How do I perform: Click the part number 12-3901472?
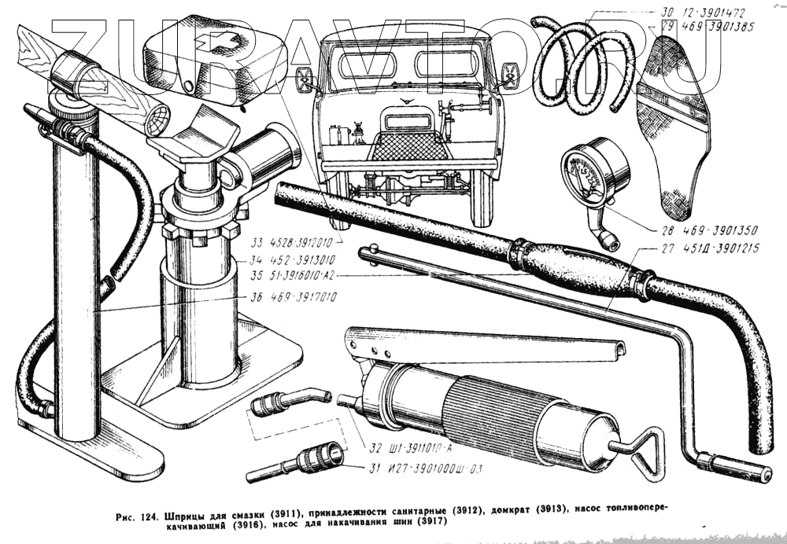pyautogui.click(x=717, y=12)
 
